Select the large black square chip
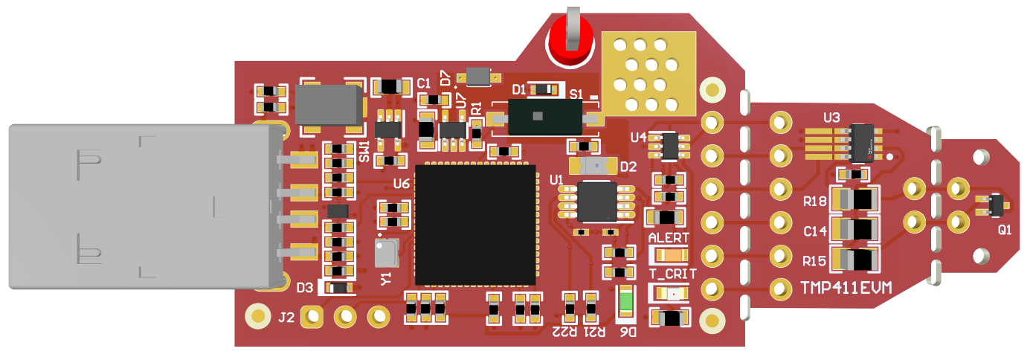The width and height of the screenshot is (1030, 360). (x=475, y=225)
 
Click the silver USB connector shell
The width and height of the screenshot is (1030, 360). (x=141, y=206)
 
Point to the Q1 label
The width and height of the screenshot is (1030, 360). (x=1005, y=231)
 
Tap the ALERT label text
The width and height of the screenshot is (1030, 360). (x=670, y=237)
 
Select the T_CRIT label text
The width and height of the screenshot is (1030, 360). (x=672, y=274)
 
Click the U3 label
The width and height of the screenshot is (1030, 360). (x=831, y=118)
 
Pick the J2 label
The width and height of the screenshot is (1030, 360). (x=286, y=318)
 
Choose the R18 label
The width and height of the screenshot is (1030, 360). (x=815, y=201)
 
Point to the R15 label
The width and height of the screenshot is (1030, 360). (x=815, y=261)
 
